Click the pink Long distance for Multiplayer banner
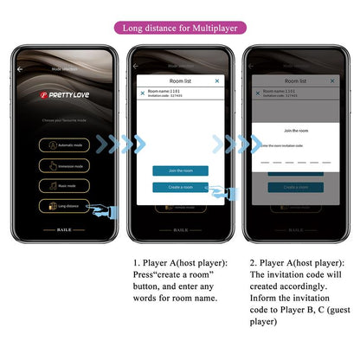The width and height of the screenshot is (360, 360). (x=179, y=28)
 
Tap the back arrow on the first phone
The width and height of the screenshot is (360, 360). (x=21, y=67)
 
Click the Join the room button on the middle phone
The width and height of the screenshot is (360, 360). (x=180, y=170)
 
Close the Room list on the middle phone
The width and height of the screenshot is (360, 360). (x=217, y=80)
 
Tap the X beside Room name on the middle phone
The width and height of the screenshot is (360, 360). (x=143, y=93)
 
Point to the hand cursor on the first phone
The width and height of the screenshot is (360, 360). (x=106, y=211)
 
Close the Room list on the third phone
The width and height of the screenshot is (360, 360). (x=331, y=80)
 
